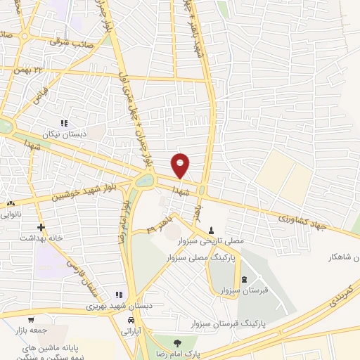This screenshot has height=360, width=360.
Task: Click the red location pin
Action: (x=181, y=165)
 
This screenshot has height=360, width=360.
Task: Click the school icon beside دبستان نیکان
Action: (x=64, y=123)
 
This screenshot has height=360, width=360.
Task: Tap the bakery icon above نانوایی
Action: (x=11, y=203)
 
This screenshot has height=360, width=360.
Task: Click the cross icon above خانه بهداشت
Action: (x=41, y=227)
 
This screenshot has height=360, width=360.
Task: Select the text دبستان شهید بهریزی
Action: (x=116, y=307)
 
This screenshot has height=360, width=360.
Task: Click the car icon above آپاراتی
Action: (x=131, y=320)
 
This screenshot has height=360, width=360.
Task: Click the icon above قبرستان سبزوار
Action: (x=244, y=279)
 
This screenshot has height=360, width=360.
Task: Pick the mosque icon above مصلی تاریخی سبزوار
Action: (x=212, y=230)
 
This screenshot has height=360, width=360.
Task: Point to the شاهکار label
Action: (x=342, y=257)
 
